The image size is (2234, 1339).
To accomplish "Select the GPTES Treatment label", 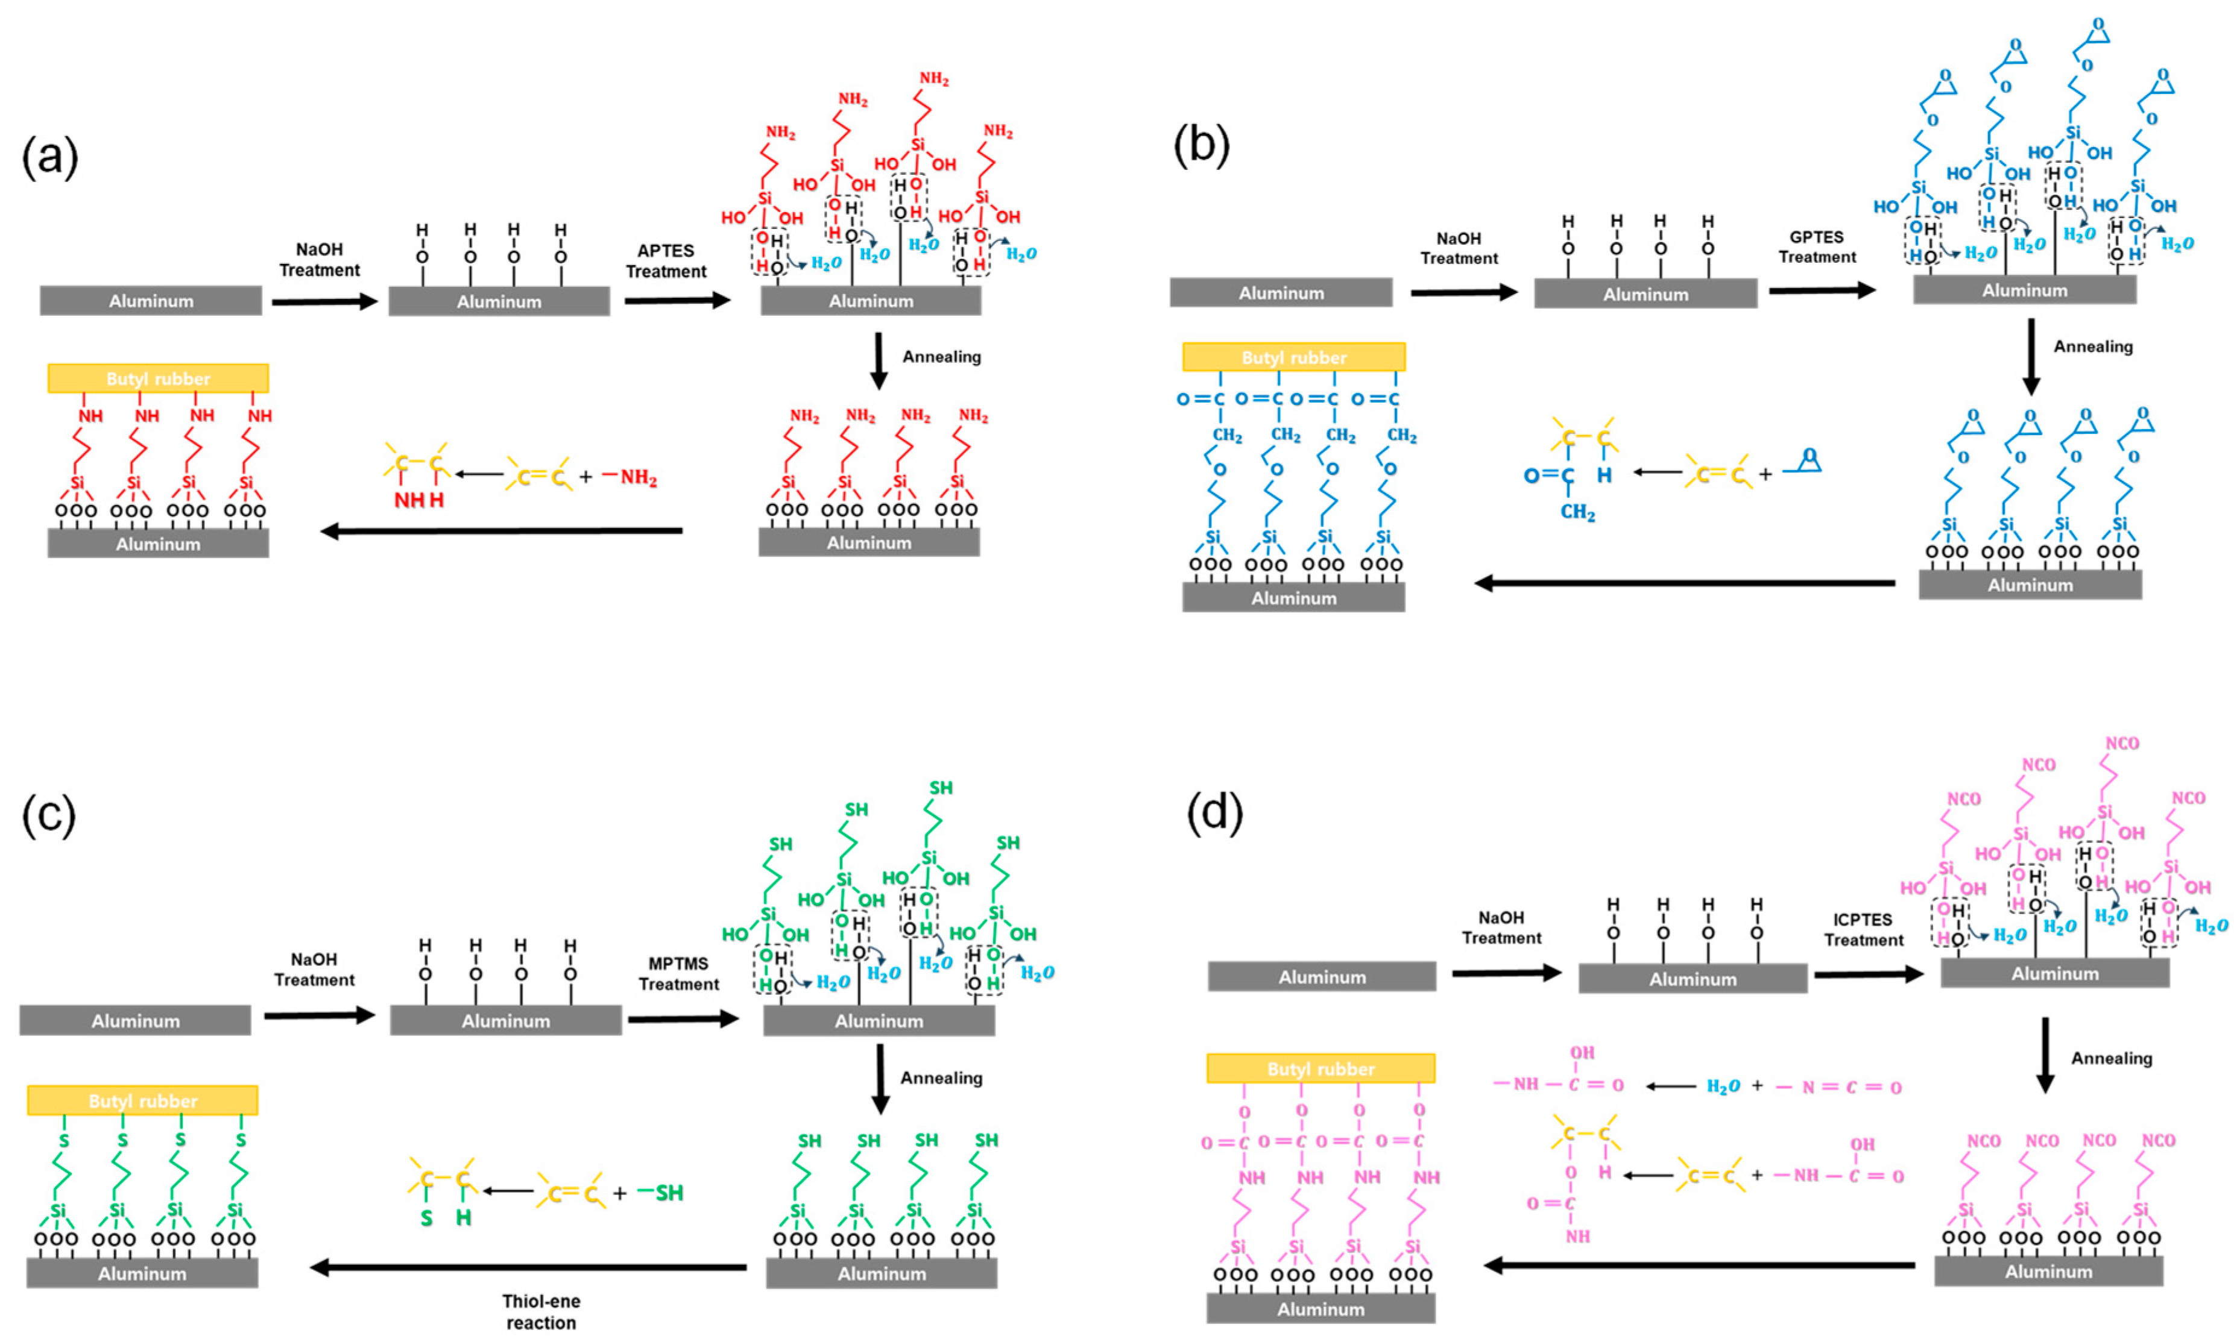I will click(x=1816, y=246).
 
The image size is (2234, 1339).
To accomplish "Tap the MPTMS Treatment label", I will click(x=679, y=974).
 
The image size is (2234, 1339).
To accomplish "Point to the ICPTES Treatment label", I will click(x=1863, y=929).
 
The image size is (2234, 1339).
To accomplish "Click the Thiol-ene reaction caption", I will click(x=541, y=1311).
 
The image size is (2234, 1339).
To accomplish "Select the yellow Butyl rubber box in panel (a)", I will click(x=158, y=378).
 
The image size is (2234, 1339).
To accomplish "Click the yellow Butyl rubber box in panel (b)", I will click(x=1293, y=357).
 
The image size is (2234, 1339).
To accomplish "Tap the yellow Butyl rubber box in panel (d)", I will click(x=1321, y=1068).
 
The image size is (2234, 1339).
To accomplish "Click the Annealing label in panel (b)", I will click(x=2092, y=347).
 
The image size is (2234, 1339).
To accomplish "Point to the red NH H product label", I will click(x=419, y=499).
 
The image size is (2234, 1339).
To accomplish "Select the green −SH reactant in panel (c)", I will click(x=661, y=1193).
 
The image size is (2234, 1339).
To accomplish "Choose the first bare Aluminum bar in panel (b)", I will click(x=1281, y=292).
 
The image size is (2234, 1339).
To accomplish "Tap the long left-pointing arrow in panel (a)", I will click(x=501, y=530).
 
